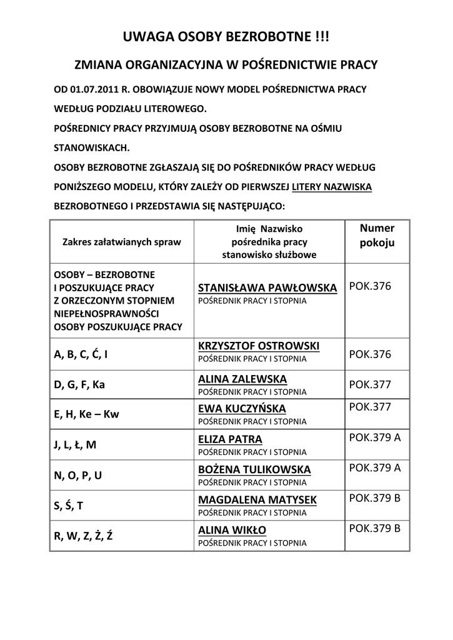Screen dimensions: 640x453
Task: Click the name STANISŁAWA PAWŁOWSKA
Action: click(267, 287)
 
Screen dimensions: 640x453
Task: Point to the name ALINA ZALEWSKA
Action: click(242, 379)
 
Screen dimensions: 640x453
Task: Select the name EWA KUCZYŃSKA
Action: click(242, 409)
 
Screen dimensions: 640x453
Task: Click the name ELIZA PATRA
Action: click(230, 439)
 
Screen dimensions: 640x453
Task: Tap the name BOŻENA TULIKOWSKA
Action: click(254, 469)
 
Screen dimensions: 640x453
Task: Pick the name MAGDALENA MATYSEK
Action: click(257, 499)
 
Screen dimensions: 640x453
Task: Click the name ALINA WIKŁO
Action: click(232, 530)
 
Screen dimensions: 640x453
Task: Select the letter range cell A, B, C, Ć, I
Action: click(81, 354)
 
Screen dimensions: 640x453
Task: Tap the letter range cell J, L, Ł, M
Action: click(76, 445)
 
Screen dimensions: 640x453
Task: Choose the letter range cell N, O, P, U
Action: click(78, 475)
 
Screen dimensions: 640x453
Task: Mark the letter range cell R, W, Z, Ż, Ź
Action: click(84, 536)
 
